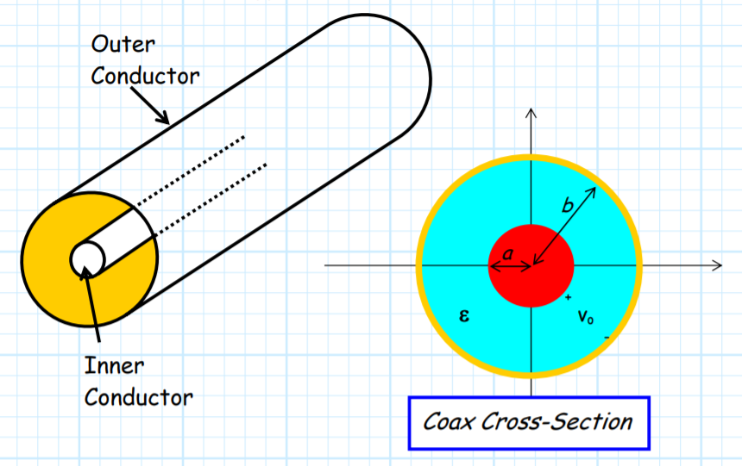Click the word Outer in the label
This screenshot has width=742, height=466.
(123, 44)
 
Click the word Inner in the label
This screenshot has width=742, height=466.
(114, 366)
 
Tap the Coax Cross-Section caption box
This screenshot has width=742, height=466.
(529, 423)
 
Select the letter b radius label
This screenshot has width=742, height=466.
(568, 206)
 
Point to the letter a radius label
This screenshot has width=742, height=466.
(507, 254)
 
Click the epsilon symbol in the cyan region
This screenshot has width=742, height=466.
(464, 315)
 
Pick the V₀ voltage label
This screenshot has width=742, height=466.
(586, 316)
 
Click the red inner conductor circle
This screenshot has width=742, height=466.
(531, 265)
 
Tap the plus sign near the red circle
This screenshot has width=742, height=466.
(569, 297)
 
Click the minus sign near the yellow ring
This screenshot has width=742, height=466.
(607, 338)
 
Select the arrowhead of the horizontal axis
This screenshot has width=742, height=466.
(717, 265)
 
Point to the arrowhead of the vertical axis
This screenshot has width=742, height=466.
(531, 114)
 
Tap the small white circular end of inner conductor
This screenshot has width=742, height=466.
(87, 259)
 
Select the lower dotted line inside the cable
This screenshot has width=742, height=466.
(211, 200)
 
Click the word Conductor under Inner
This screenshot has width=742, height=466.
(139, 398)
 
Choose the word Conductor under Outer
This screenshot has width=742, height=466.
(145, 76)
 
